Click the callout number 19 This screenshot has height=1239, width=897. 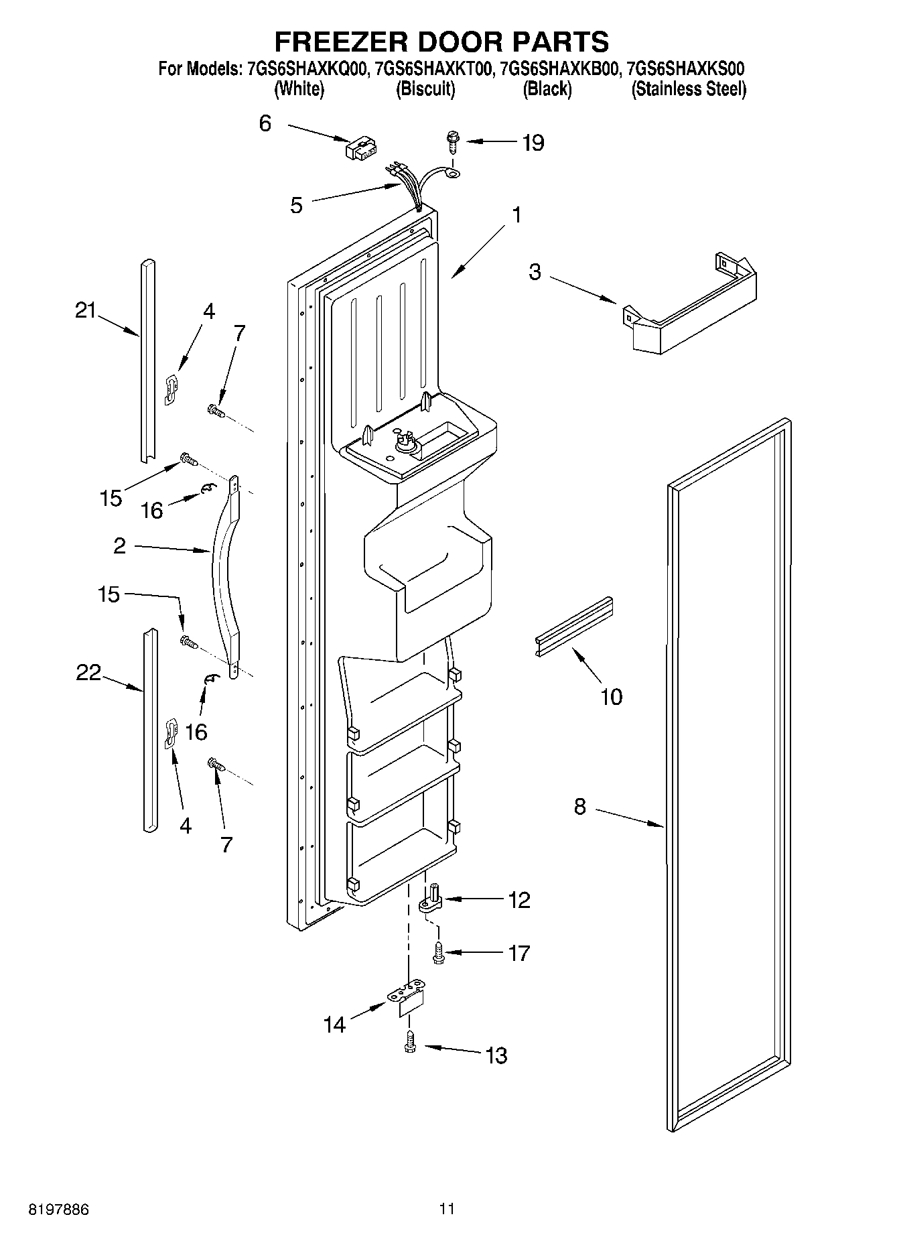tap(533, 143)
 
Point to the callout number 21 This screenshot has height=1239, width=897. tap(85, 311)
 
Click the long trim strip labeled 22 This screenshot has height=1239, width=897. tap(150, 730)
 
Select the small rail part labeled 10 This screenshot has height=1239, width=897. tap(575, 625)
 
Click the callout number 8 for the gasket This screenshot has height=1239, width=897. tap(579, 807)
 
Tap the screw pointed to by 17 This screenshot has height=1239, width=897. tap(438, 953)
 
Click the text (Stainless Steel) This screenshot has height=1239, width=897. tap(689, 89)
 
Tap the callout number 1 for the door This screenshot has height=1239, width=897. tap(516, 215)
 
